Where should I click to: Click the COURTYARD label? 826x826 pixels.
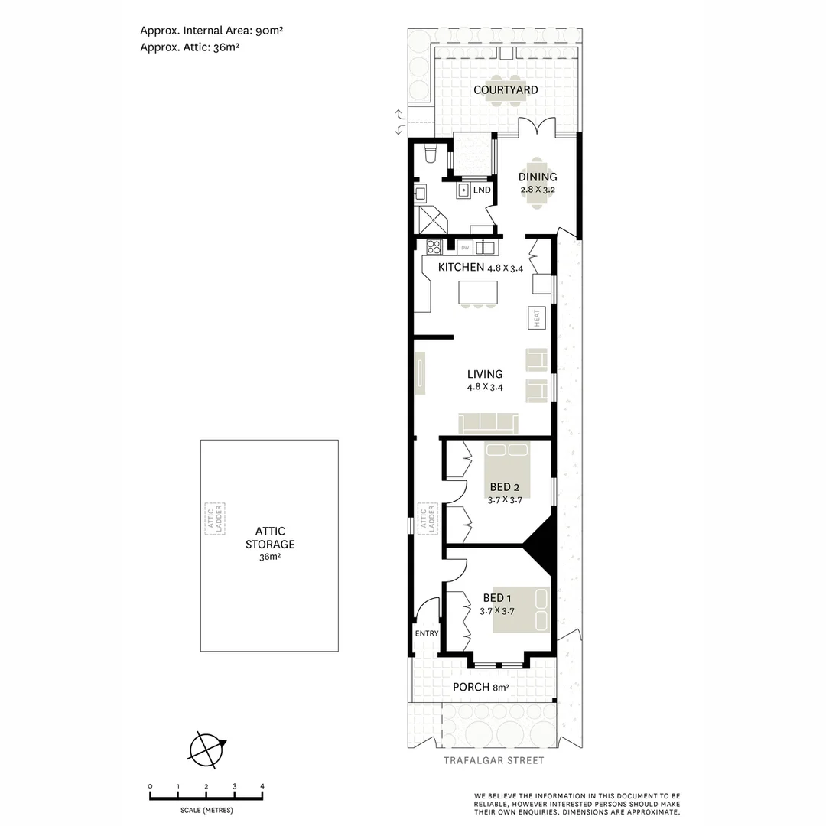tap(505, 90)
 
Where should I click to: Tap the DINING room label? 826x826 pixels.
tap(538, 177)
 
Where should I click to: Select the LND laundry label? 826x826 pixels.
tap(482, 190)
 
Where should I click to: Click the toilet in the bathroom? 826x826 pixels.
tap(430, 156)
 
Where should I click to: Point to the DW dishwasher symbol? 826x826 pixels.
tap(464, 247)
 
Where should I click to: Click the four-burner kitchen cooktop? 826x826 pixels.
tap(434, 246)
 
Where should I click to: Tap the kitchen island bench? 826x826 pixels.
tap(478, 292)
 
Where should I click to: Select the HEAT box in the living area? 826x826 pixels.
tap(537, 317)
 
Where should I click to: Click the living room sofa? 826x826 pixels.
tap(488, 423)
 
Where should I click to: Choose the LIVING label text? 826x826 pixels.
tap(485, 374)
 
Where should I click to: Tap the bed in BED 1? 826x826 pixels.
tap(522, 610)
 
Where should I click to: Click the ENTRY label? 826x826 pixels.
tap(427, 633)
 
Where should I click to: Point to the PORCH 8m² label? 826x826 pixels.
tap(480, 688)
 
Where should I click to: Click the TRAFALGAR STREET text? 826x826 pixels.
tap(493, 760)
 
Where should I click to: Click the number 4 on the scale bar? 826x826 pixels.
tap(262, 786)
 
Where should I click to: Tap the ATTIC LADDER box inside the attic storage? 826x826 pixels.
tap(214, 519)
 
